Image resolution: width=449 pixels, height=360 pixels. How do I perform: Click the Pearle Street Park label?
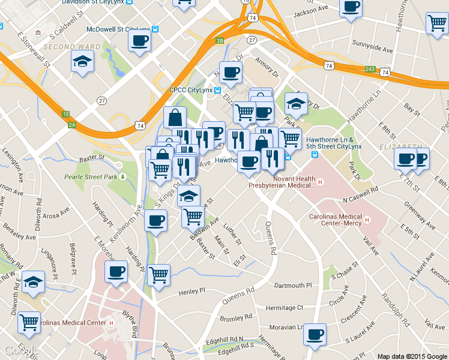(91, 177)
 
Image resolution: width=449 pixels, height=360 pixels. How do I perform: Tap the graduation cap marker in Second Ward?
(82, 61)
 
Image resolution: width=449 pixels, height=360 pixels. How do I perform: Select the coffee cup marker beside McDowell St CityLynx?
(139, 41)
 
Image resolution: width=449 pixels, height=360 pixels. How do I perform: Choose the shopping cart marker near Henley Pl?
(158, 275)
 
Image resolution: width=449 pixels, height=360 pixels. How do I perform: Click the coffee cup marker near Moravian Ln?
(315, 334)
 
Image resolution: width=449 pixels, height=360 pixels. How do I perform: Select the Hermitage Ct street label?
(285, 307)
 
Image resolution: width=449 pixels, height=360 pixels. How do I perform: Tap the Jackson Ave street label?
(313, 11)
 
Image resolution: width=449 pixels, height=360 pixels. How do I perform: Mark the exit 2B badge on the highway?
(220, 41)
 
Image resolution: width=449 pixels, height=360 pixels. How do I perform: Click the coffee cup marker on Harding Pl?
(116, 272)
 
